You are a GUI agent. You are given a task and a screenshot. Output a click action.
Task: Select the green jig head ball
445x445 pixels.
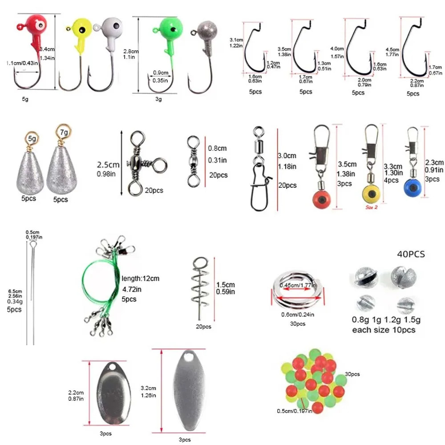171,28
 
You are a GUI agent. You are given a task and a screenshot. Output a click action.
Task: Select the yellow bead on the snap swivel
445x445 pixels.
370,193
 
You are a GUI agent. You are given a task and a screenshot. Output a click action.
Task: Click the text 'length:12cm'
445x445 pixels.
140,279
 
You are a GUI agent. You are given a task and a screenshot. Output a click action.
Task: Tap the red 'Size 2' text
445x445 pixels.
372,207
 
